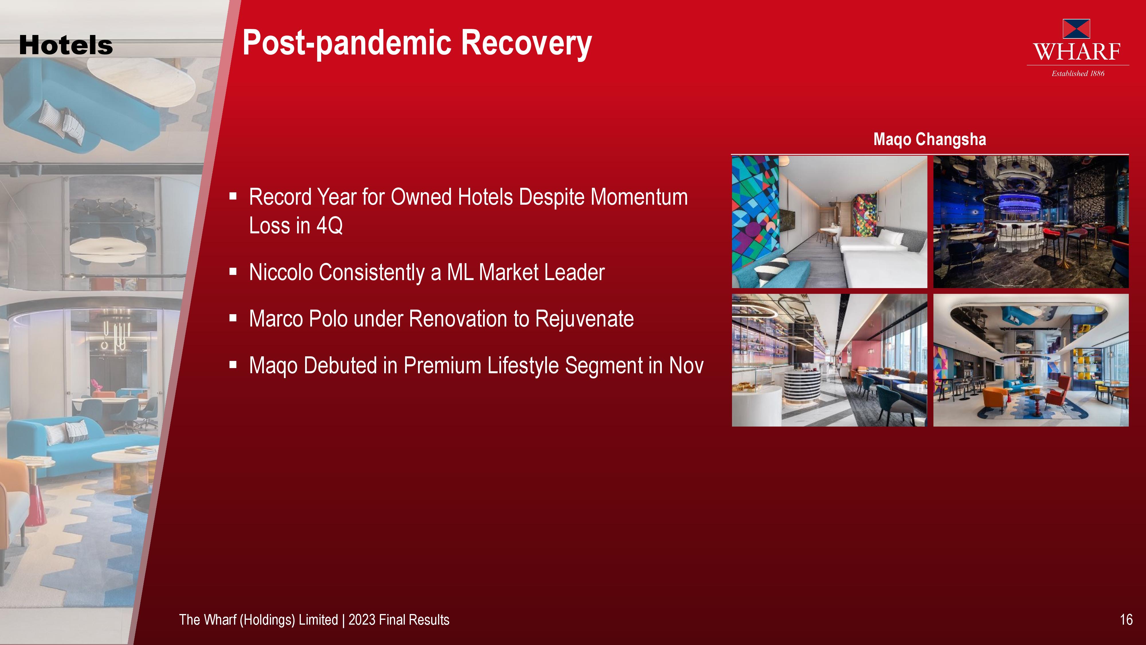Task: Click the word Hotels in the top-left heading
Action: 66,45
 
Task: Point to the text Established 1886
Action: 1078,73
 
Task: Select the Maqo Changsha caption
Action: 930,139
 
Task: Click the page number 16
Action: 1126,619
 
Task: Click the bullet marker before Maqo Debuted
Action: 233,365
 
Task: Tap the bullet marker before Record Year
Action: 233,196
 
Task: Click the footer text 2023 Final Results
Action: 399,619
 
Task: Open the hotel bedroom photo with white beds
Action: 829,222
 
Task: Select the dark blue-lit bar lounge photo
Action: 1031,222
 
